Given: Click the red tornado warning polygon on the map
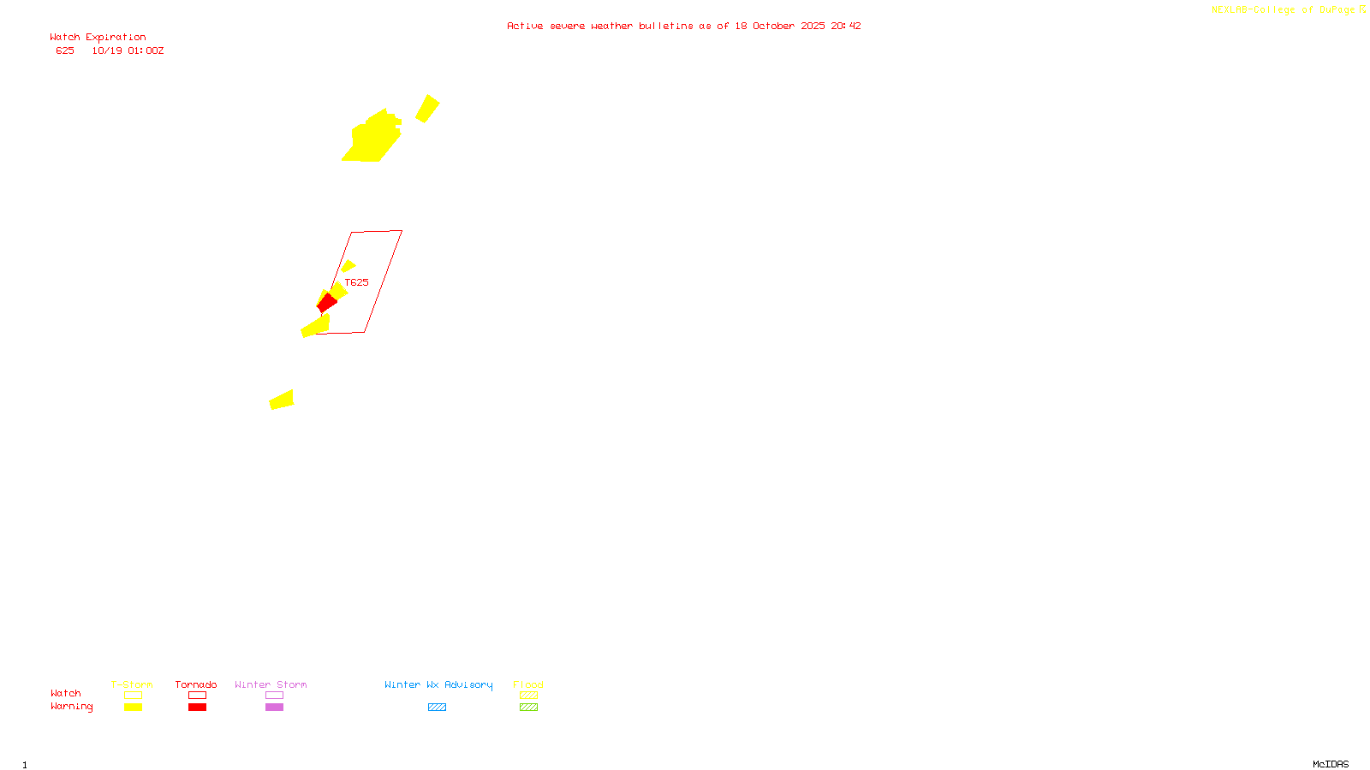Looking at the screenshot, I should [x=326, y=303].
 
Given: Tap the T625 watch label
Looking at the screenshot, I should [x=356, y=282].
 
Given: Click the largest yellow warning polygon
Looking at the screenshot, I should [x=373, y=139].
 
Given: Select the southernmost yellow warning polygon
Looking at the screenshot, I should [x=282, y=400].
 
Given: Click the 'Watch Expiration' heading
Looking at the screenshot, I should [x=98, y=38].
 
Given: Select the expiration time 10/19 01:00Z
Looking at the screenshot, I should [x=128, y=51].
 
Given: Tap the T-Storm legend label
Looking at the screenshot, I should [x=132, y=684].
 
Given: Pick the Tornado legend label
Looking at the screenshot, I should [x=196, y=684].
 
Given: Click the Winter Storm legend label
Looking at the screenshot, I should [x=271, y=684].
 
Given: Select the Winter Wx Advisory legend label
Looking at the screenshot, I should [x=438, y=684].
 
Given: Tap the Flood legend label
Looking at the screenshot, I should [x=528, y=684].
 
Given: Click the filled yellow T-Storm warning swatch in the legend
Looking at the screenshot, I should [x=133, y=708].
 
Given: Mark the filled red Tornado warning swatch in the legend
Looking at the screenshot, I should [x=197, y=708].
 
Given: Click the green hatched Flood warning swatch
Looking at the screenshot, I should [x=528, y=708].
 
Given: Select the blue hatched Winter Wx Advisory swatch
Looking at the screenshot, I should [x=437, y=708].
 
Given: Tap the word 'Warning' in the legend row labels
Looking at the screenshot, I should [x=71, y=707].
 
